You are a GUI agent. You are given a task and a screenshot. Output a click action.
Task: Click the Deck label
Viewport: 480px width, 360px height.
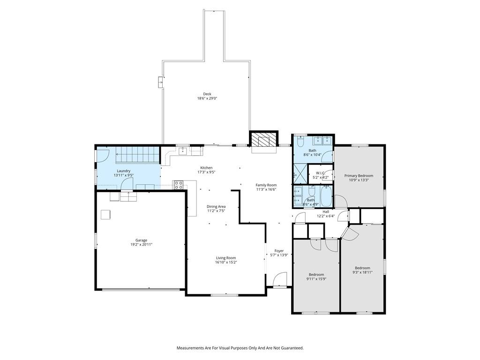[207, 94]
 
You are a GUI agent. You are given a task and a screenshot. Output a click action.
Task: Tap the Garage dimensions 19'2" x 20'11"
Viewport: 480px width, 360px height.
[142, 245]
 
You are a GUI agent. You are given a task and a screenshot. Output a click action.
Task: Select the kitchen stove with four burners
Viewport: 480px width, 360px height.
[179, 185]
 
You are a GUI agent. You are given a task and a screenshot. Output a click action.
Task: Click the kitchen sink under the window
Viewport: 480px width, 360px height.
[183, 150]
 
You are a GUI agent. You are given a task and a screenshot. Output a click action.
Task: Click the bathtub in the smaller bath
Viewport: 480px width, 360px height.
[326, 196]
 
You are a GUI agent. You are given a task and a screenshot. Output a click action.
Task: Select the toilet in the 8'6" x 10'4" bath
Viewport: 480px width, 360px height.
[300, 142]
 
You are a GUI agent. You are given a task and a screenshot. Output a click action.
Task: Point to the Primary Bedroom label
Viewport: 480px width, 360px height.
[359, 176]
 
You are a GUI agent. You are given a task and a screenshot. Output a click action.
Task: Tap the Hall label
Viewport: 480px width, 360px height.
[326, 211]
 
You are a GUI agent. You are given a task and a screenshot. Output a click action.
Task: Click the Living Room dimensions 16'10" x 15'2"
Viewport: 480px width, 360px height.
[226, 262]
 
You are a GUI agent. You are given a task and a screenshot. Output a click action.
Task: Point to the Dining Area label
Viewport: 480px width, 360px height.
[216, 207]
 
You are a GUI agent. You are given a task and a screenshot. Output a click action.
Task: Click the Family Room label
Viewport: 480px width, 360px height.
[266, 185]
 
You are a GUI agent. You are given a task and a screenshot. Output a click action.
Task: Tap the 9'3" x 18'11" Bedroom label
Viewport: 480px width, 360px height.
[362, 268]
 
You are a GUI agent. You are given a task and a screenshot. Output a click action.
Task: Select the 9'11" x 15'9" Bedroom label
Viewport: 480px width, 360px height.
[316, 275]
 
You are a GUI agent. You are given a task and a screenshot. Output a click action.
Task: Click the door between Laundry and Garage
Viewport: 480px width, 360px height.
[127, 184]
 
